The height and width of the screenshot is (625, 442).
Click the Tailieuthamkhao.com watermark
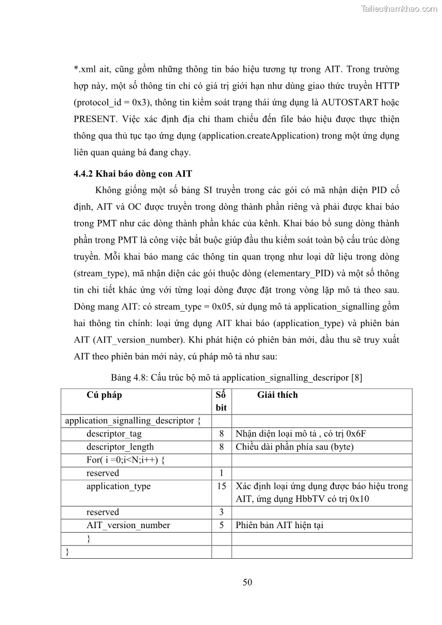pyautogui.click(x=399, y=8)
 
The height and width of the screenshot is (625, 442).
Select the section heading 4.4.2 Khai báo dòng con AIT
pyautogui.click(x=132, y=174)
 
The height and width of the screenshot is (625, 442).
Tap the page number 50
pyautogui.click(x=248, y=583)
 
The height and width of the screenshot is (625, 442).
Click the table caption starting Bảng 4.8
pyautogui.click(x=237, y=378)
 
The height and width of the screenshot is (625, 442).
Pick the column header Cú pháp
pyautogui.click(x=104, y=395)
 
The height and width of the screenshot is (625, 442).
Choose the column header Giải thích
pyautogui.click(x=277, y=395)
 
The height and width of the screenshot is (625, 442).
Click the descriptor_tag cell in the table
pyautogui.click(x=114, y=434)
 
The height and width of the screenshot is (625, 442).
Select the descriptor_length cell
pyautogui.click(x=120, y=447)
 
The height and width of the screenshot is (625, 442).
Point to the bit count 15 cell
pyautogui.click(x=222, y=486)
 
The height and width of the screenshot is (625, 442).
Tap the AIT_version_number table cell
pyautogui.click(x=128, y=525)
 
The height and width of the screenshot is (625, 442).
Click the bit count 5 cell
pyautogui.click(x=222, y=525)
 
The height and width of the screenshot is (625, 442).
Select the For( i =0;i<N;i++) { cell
pyautogui.click(x=126, y=460)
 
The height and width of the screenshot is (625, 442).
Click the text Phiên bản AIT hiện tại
pyautogui.click(x=279, y=525)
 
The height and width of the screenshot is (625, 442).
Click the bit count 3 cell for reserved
pyautogui.click(x=222, y=512)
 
